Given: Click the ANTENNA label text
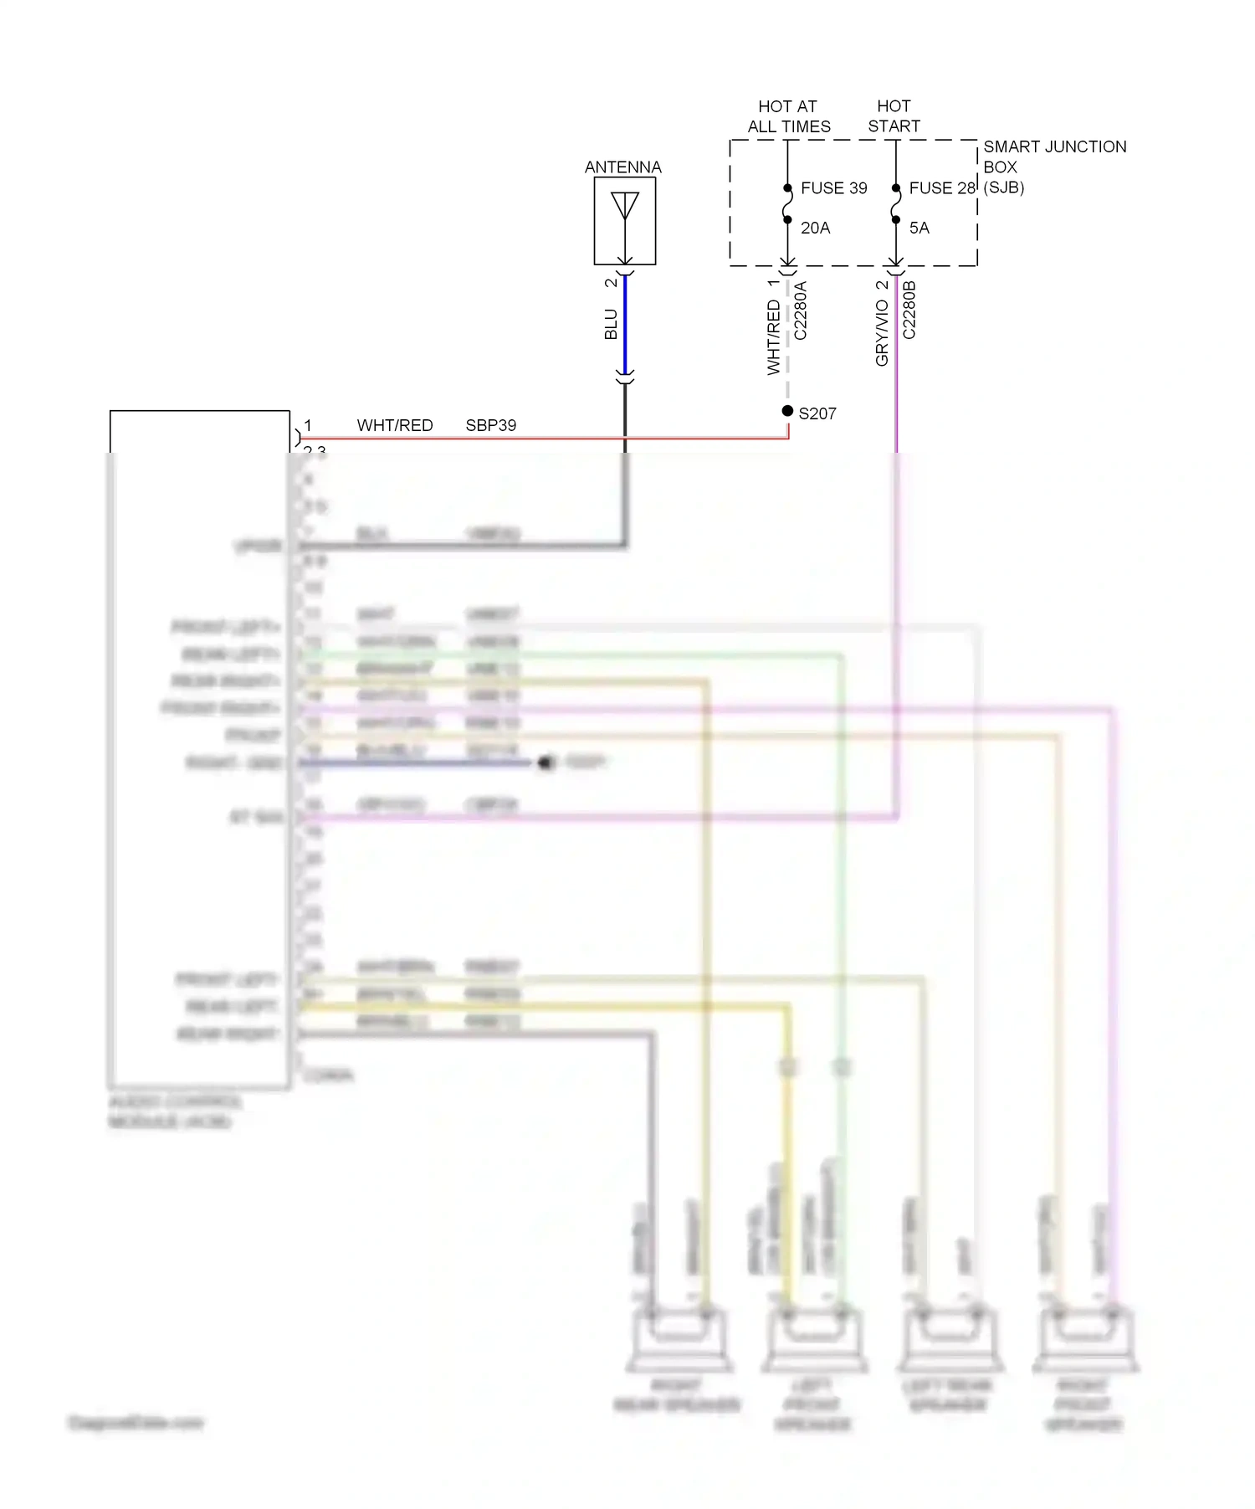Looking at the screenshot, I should click(x=622, y=167).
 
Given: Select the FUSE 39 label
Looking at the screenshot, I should click(x=833, y=188).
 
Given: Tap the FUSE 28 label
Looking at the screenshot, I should click(x=941, y=188).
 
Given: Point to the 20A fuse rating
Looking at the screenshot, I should click(x=815, y=228).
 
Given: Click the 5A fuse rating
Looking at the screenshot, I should click(x=919, y=228).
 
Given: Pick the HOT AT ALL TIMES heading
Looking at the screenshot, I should click(x=788, y=116).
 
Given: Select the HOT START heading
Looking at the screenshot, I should click(x=894, y=116).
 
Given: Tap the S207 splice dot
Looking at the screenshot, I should click(x=787, y=411).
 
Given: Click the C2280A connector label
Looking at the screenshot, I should click(x=801, y=311).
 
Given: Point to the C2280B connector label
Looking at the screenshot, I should click(x=909, y=311).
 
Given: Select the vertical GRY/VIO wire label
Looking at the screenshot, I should click(x=882, y=333).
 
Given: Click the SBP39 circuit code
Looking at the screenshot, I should click(x=490, y=425).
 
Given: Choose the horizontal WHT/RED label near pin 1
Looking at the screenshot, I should click(x=395, y=425).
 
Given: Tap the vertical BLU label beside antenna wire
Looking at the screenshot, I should click(x=611, y=324).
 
